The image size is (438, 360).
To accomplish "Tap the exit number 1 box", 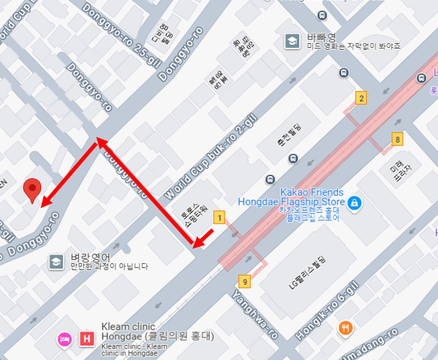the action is pos(220,217).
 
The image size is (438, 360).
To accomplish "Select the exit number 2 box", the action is pos(361,99).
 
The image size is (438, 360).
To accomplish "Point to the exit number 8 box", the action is pos(397,139).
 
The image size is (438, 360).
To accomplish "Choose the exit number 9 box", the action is pos(245,282).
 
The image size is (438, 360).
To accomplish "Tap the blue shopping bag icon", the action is pos(354,203).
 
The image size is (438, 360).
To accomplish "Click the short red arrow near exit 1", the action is pos(204,238).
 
